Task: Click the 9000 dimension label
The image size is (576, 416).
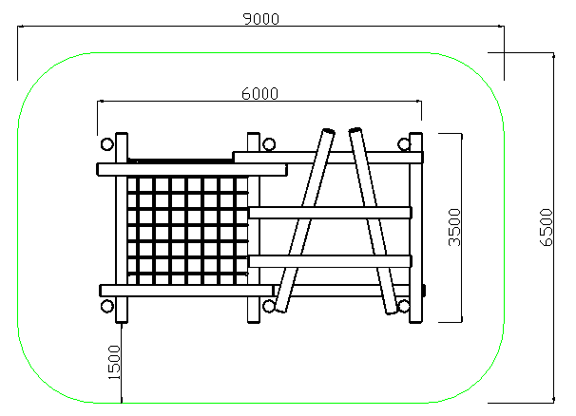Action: (x=261, y=19)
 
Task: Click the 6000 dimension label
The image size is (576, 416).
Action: (x=260, y=94)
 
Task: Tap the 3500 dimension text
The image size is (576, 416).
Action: (x=454, y=227)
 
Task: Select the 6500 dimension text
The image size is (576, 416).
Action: (x=547, y=227)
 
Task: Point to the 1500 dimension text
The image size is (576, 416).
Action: (x=114, y=363)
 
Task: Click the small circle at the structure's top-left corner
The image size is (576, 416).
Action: (x=106, y=144)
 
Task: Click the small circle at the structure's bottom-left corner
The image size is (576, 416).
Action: (x=106, y=306)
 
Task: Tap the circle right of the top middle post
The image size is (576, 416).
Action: (x=269, y=144)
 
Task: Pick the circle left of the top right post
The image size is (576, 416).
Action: (x=404, y=144)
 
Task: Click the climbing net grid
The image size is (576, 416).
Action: (x=187, y=231)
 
